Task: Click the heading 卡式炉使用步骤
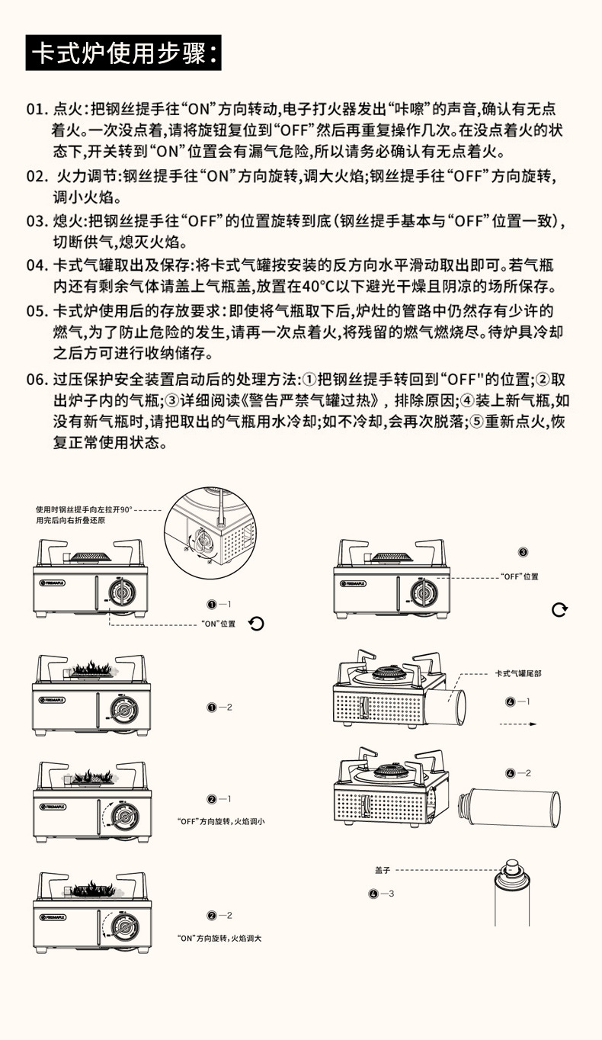coord(123,52)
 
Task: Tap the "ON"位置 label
coord(218,624)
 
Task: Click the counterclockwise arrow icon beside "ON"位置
coord(256,624)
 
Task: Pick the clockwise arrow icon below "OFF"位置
coord(559,609)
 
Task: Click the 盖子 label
coord(383,869)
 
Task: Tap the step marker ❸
coord(523,552)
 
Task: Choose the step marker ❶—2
coord(219,708)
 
